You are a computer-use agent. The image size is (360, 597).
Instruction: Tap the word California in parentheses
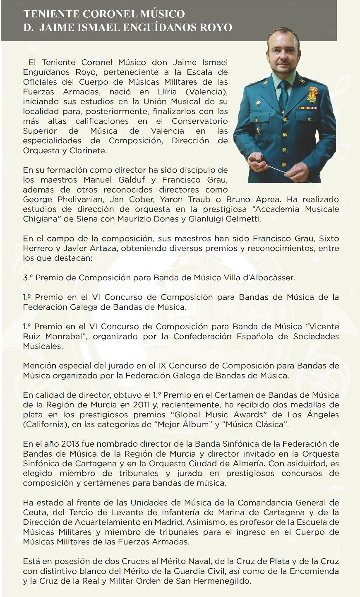[44, 424]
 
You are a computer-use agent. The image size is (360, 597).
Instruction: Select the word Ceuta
[35, 513]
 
